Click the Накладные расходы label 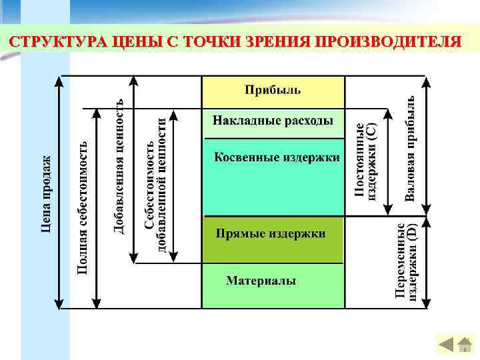[273, 121]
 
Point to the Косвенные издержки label [276, 158]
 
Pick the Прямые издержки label [270, 234]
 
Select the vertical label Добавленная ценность [118, 166]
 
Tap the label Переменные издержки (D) [406, 263]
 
